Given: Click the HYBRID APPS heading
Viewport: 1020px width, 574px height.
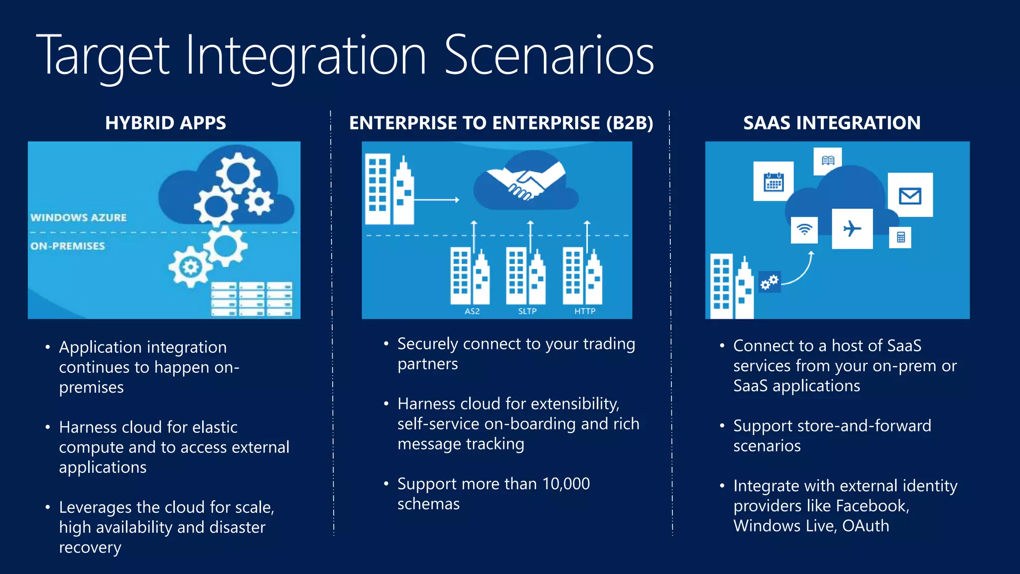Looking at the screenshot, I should tap(165, 123).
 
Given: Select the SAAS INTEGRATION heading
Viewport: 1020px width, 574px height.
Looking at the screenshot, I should tap(832, 123).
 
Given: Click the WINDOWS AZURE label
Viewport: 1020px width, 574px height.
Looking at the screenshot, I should tap(79, 218).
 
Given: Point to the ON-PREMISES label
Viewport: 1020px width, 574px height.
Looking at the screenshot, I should tap(68, 246).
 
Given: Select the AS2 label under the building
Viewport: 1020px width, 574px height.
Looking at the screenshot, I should tap(472, 311).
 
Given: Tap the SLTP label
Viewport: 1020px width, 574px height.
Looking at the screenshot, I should tap(527, 311).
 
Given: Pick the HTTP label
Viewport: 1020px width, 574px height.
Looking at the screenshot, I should tap(585, 311).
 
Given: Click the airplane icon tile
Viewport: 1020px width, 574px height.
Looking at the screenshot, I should tap(852, 229).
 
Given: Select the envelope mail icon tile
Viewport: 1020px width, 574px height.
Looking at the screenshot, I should tap(910, 195).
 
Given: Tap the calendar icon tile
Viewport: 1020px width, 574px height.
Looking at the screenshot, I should tap(773, 182).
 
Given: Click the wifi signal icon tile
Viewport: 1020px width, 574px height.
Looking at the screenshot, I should tap(804, 230).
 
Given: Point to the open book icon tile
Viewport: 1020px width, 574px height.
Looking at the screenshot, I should tap(828, 160).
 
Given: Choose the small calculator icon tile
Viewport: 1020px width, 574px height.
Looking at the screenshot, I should tap(900, 237).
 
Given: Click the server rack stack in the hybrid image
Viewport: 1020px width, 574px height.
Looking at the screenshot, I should tap(252, 299).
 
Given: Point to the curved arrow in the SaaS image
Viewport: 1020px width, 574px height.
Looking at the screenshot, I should tap(802, 272).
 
